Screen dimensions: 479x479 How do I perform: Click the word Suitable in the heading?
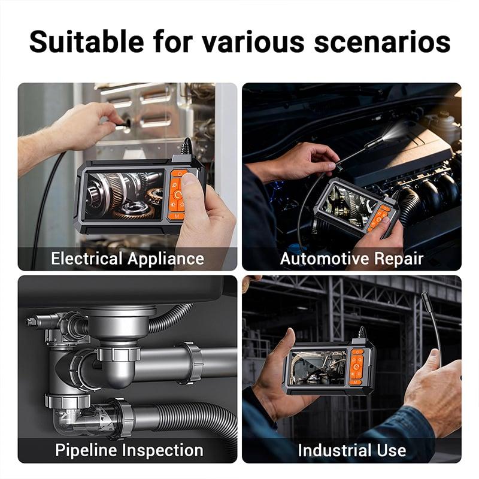[x=86, y=41]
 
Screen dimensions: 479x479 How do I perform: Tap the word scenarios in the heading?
[x=382, y=41]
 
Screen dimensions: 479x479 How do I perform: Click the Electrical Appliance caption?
[x=128, y=259]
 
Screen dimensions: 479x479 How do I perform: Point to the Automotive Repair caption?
[x=351, y=259]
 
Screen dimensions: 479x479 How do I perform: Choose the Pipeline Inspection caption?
[x=129, y=450]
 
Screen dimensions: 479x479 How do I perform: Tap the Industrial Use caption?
[x=352, y=450]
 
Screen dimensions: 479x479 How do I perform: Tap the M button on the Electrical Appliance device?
[x=177, y=216]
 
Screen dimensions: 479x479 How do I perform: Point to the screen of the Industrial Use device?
[x=318, y=368]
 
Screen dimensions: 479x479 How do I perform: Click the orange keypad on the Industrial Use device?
[x=357, y=367]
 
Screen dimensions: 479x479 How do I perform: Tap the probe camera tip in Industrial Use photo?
[x=425, y=300]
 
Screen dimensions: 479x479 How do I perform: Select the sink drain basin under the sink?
[x=119, y=322]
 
